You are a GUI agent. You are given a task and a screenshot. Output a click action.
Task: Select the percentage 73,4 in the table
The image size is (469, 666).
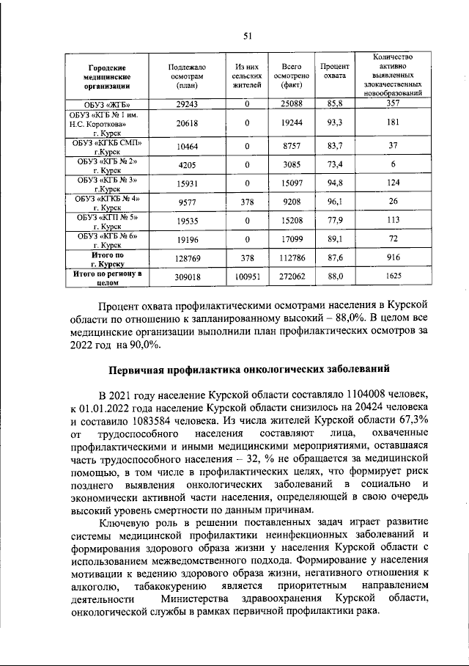coord(335,164)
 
